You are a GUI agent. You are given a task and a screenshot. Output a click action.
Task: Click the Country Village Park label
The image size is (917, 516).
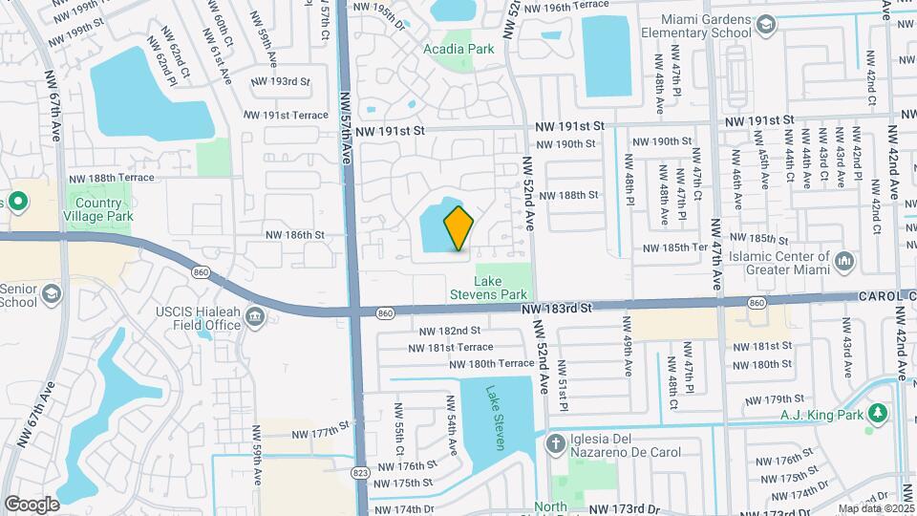click(99, 209)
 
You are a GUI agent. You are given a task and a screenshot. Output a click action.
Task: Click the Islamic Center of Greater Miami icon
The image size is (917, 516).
click(843, 261)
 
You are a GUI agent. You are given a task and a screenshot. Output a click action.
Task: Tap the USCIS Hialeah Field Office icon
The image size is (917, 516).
click(255, 317)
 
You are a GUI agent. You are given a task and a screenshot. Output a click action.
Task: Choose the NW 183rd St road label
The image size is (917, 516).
click(558, 309)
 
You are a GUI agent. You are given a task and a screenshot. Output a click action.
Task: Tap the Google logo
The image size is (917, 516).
click(32, 504)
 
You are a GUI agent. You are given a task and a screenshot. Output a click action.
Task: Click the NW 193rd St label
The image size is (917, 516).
click(277, 81)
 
